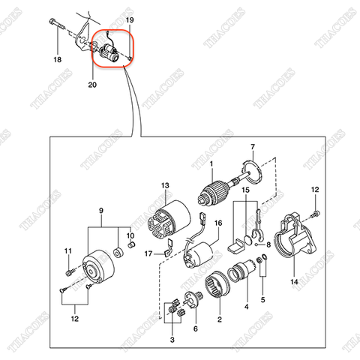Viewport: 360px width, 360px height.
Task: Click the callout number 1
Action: (x=211, y=164)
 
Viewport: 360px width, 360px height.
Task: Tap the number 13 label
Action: (x=166, y=184)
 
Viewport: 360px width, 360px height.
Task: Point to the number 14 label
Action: (x=295, y=281)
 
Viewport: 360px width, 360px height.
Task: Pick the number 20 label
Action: (x=92, y=85)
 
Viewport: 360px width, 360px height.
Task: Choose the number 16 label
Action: (x=219, y=223)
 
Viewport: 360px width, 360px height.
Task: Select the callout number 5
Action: (x=262, y=299)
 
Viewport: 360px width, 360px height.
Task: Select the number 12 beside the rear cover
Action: (x=315, y=190)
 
